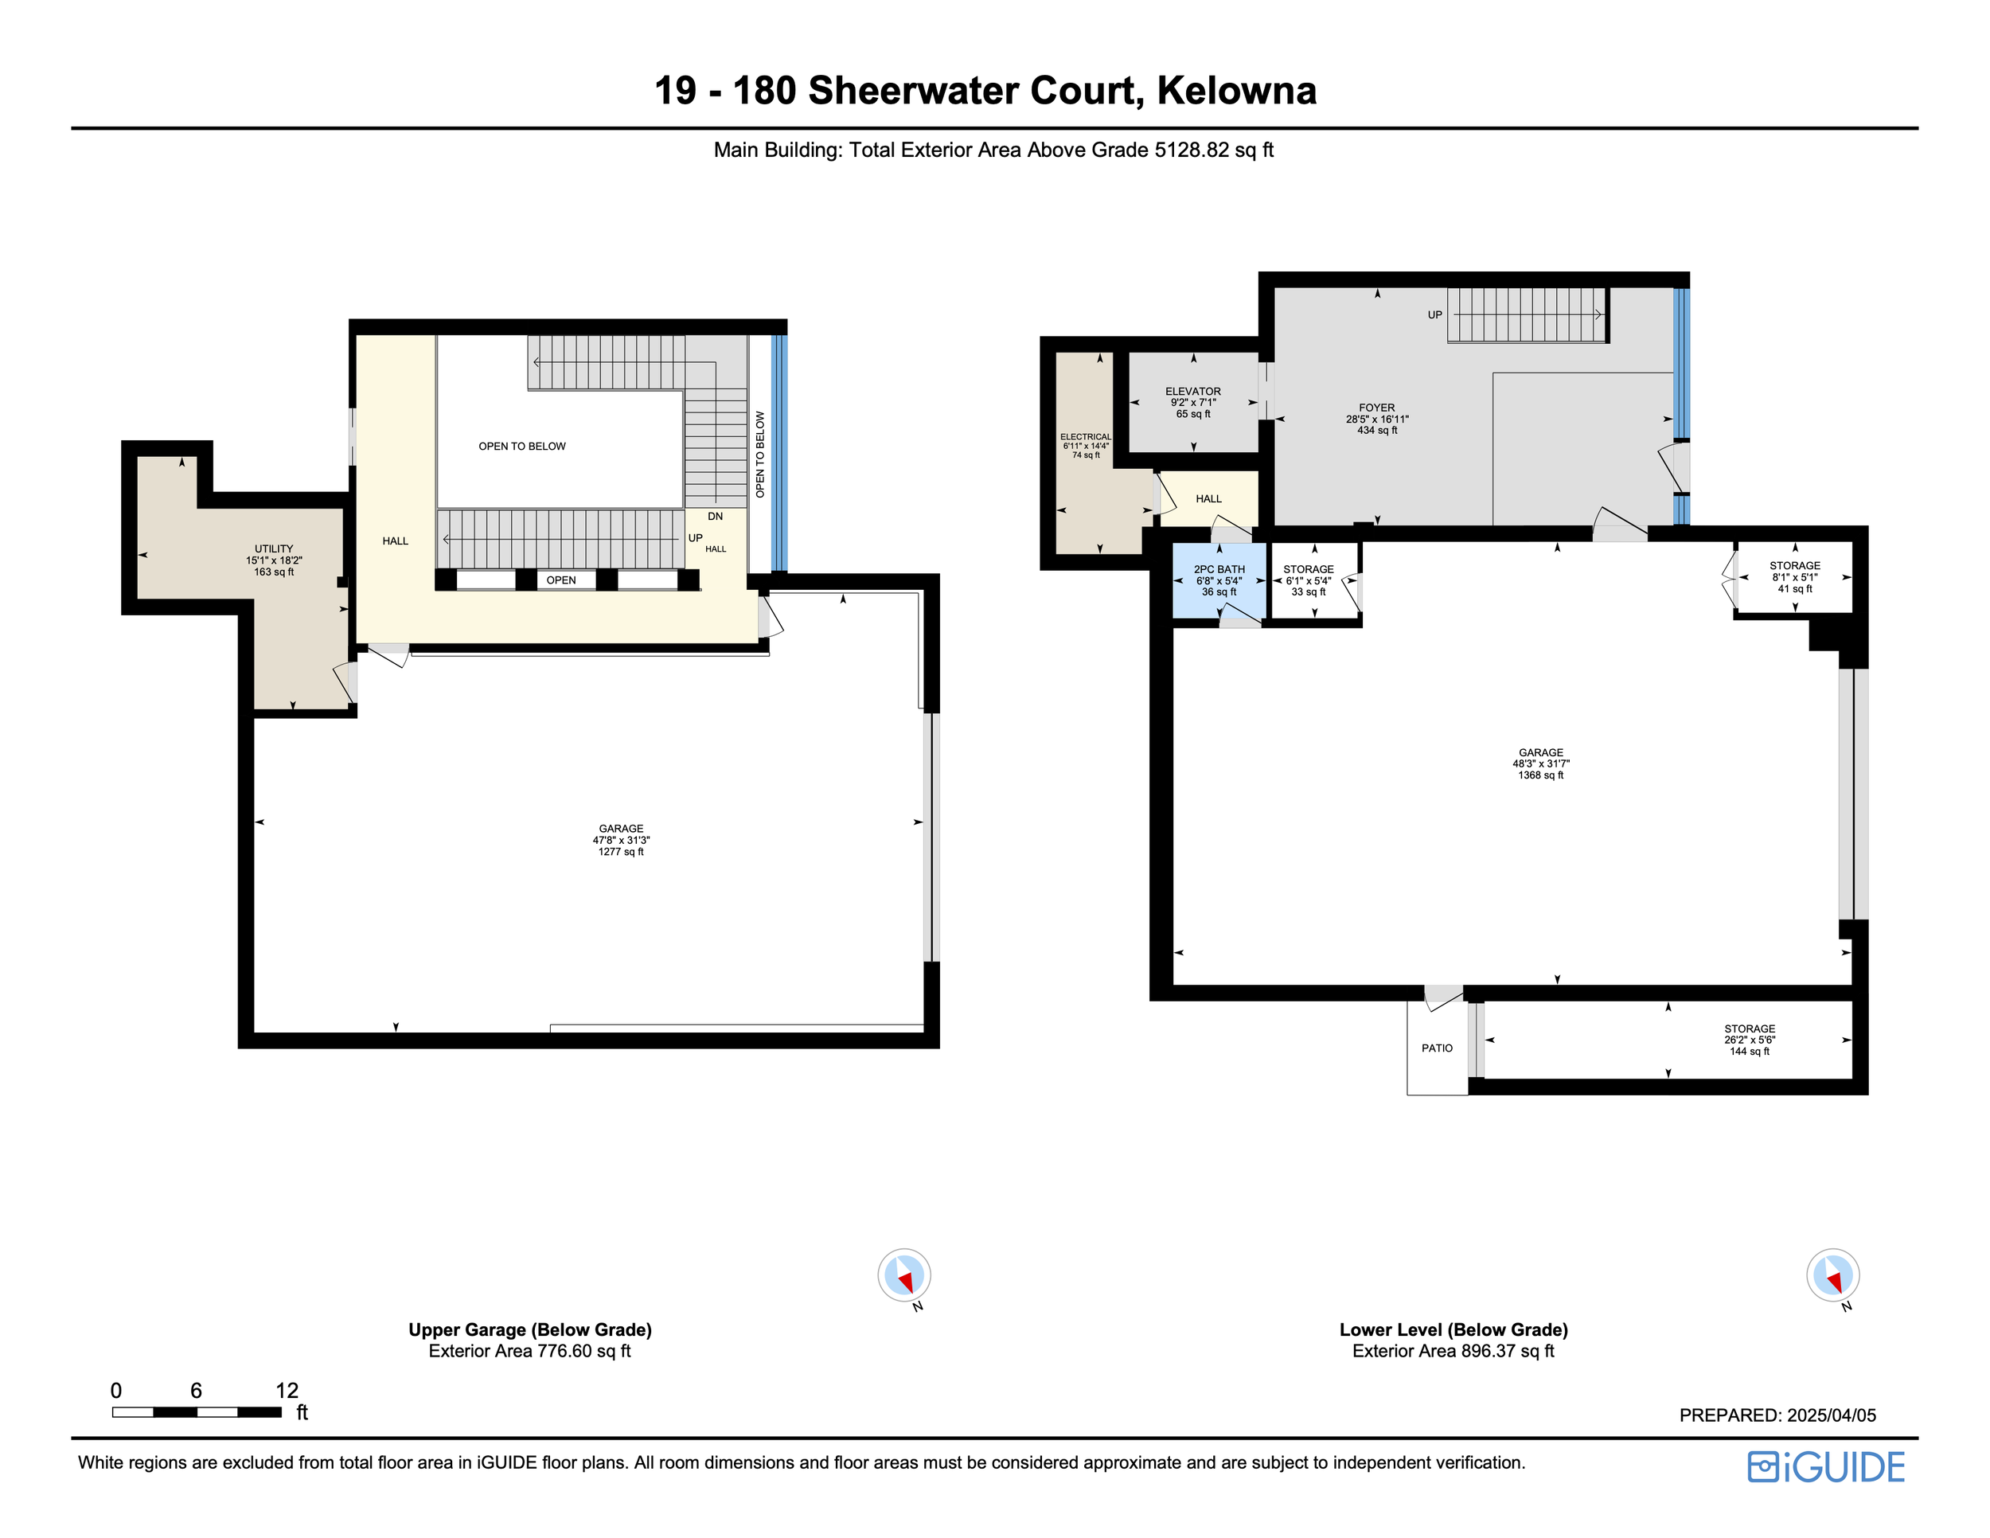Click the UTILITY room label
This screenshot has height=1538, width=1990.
tap(273, 549)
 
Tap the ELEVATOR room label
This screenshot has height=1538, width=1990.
tap(1192, 391)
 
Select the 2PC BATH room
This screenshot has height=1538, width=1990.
tap(1219, 580)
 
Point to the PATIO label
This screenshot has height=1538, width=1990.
tap(1437, 1048)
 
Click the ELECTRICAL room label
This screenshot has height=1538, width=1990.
tap(1085, 436)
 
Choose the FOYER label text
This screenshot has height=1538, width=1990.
tap(1377, 408)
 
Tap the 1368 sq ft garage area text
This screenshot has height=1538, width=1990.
tap(1541, 775)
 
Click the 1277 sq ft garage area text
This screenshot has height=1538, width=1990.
tap(621, 852)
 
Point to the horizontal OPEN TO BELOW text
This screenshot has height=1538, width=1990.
tap(522, 447)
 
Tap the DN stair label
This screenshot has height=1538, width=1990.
tap(716, 517)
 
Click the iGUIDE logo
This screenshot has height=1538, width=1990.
tap(1826, 1467)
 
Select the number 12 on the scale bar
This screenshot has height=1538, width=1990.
tap(287, 1391)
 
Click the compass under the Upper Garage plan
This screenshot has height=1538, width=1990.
tap(904, 1275)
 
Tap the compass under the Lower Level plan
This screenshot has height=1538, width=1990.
tap(1832, 1275)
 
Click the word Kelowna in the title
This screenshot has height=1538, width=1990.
tap(1236, 90)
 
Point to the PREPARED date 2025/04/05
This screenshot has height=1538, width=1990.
tap(1832, 1415)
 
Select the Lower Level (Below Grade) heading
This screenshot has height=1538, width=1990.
tap(1453, 1329)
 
